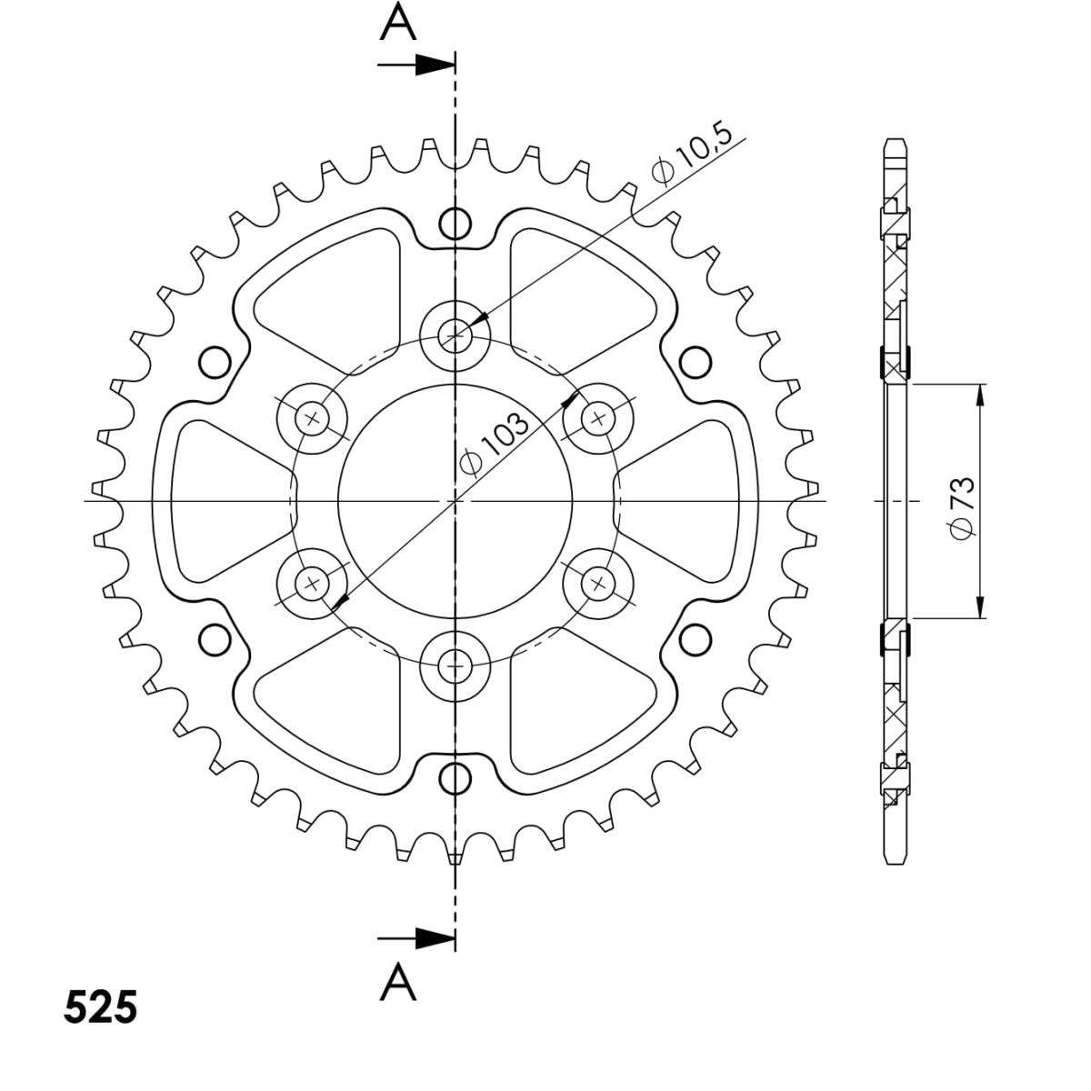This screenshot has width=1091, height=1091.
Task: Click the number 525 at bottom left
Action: tap(101, 1007)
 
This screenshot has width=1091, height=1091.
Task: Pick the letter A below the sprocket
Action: tap(398, 982)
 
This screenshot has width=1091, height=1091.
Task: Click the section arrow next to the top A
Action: tap(416, 65)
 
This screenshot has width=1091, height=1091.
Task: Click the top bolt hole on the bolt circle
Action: tap(455, 336)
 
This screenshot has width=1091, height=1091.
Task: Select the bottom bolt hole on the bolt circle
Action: tap(455, 666)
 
